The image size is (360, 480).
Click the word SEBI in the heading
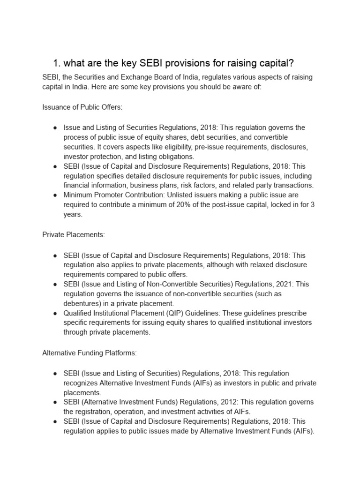pos(147,63)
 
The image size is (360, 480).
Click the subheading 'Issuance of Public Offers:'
pos(82,107)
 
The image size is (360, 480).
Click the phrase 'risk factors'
pos(199,185)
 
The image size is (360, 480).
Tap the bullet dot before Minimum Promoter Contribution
pos(55,195)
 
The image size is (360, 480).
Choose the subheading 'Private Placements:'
pos(74,235)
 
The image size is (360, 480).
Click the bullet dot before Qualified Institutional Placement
pos(55,313)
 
